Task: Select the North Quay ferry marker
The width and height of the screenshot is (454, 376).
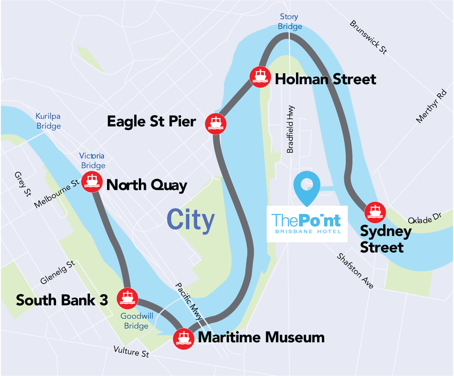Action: pos(92,182)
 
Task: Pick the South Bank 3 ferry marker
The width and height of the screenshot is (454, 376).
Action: pos(127,298)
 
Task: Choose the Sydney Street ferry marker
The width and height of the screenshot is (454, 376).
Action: pos(375,213)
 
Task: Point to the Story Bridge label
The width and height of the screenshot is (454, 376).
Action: pos(291,22)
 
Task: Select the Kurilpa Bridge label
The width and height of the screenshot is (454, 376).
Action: pos(49,121)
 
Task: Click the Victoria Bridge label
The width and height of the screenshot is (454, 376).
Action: pos(93,161)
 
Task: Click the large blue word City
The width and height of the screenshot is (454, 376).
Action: pos(191,220)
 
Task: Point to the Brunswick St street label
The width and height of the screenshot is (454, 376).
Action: pos(368,37)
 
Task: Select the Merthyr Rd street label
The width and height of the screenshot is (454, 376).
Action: pos(431,107)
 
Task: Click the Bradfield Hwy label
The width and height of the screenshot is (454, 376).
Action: pos(291,130)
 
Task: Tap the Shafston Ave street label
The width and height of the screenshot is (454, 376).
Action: pos(355,271)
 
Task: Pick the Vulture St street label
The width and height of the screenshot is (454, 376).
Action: pos(131,351)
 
